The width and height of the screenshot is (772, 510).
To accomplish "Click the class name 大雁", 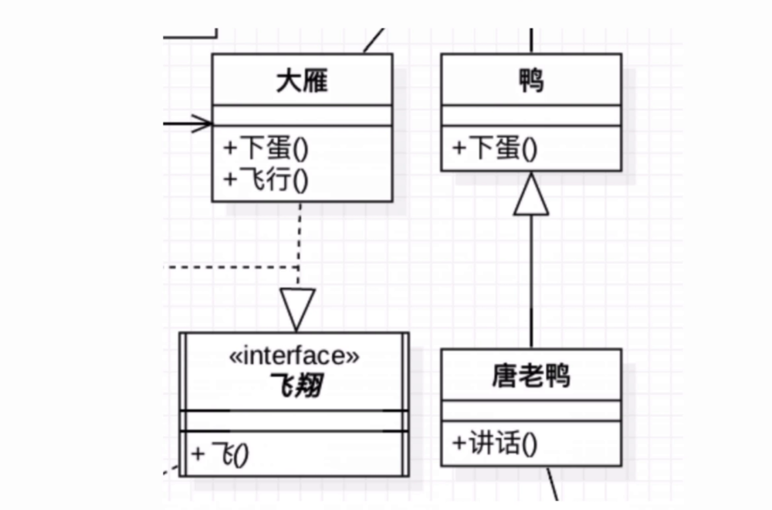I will tap(302, 80).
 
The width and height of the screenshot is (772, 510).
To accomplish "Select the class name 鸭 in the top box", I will tap(531, 80).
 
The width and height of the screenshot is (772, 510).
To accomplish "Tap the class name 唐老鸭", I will tap(531, 376).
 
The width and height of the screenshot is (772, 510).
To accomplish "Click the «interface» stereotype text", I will tap(294, 356).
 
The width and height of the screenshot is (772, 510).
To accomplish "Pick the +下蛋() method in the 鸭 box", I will tap(495, 148).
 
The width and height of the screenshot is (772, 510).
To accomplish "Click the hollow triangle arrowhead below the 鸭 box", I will tap(531, 195).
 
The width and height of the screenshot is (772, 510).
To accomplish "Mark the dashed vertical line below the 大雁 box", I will tap(299, 240).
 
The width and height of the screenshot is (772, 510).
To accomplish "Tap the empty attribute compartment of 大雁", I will tap(302, 116).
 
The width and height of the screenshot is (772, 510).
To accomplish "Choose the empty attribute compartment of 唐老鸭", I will tap(531, 410).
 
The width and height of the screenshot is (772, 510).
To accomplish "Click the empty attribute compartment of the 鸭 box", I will tap(531, 115).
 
